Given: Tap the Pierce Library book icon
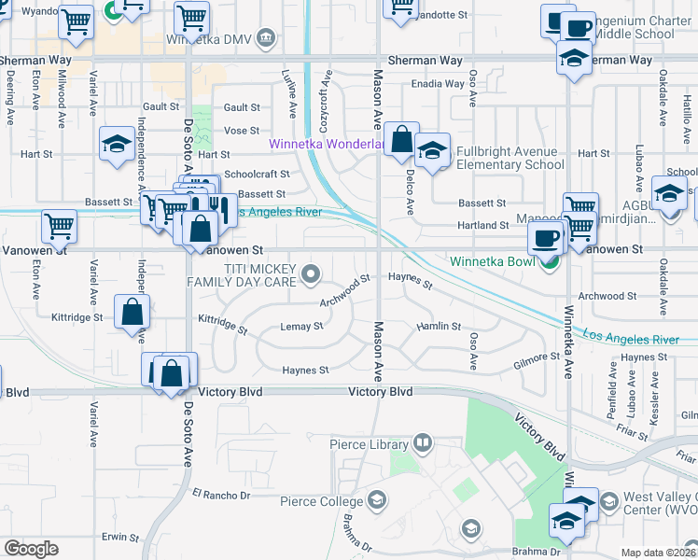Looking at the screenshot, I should [423, 441].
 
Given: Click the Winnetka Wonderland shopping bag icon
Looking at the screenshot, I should [401, 140].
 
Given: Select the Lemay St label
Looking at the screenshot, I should [301, 327].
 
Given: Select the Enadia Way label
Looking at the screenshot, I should [440, 84].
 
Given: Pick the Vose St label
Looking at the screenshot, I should [242, 131].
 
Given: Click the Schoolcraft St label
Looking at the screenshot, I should [258, 174].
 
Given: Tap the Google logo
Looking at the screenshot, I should [31, 549].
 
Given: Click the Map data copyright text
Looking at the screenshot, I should [659, 553].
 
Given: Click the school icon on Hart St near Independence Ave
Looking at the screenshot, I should [117, 144].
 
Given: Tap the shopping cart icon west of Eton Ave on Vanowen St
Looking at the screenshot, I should [59, 224].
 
